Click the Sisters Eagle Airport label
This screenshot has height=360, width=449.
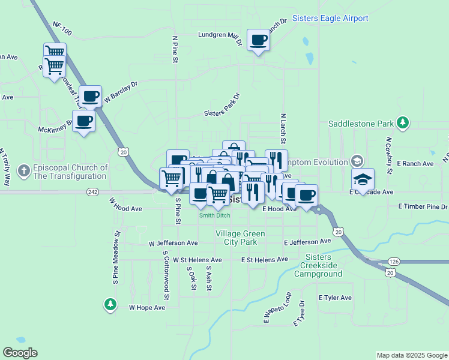330,19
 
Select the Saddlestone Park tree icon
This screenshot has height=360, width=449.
403,124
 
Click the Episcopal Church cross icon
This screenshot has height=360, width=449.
24,171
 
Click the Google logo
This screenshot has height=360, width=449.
20,353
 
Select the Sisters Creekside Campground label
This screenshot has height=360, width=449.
318,266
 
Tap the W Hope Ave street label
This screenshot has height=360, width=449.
147,307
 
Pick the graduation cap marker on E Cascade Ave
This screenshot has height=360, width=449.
363,179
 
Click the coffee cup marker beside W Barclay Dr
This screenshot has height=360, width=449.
91,96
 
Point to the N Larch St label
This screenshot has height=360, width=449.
282,126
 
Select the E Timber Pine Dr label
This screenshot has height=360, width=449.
423,206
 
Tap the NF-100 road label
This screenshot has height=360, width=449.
62,28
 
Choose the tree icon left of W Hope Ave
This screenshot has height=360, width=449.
110,305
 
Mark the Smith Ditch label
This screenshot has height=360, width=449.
215,215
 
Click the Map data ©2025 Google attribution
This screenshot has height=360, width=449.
411,355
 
